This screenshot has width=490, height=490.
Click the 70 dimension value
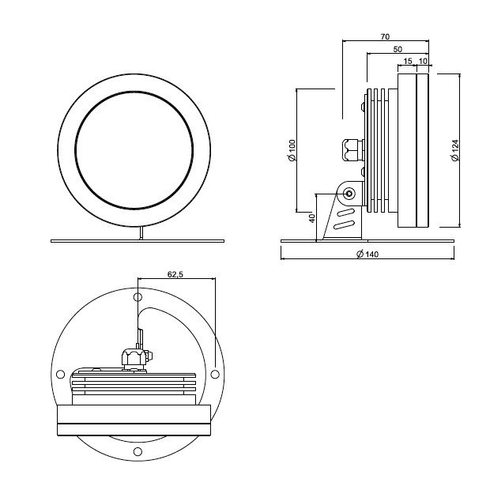click(386, 36)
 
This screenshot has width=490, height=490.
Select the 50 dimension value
click(398, 49)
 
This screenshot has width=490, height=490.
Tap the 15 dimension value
click(408, 62)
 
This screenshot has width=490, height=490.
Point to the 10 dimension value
click(423, 62)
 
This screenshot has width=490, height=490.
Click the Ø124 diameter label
click(455, 150)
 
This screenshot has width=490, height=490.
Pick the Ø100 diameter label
click(292, 150)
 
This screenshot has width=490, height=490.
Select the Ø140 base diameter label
click(367, 254)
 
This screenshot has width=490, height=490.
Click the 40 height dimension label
click(312, 218)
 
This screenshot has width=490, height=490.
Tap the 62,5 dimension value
click(175, 274)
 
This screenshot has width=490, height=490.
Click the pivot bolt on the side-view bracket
click(349, 194)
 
